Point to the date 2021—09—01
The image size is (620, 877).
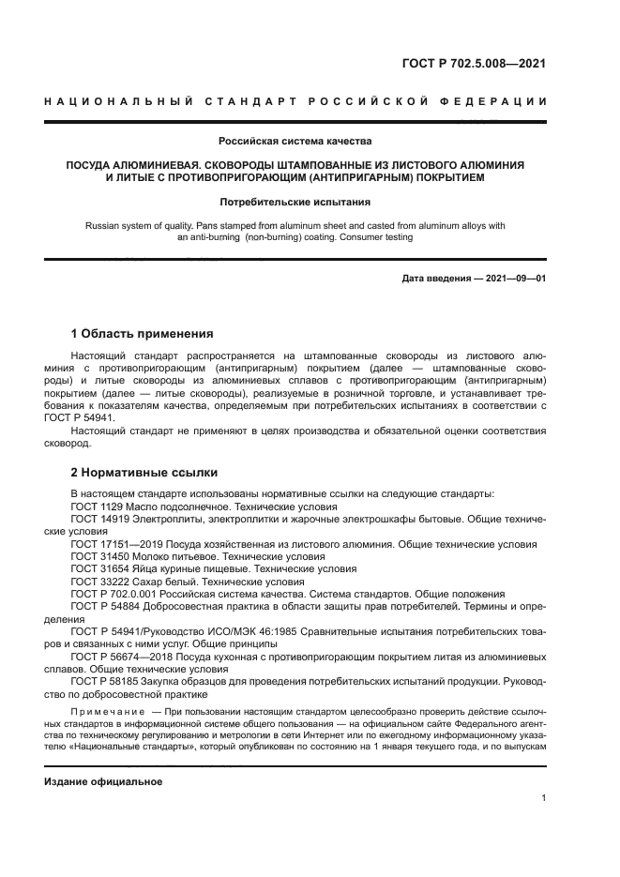(x=508, y=279)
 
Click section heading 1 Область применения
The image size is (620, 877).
(x=143, y=334)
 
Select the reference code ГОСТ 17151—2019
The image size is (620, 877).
(x=117, y=544)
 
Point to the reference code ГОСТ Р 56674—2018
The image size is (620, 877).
(x=125, y=657)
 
